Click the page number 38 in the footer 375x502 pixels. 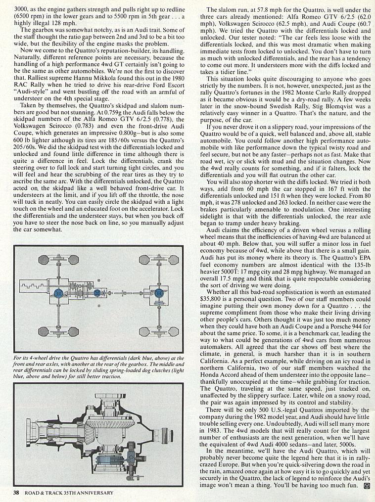16,492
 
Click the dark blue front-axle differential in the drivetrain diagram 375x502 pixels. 59,293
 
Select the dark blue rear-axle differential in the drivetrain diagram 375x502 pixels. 159,293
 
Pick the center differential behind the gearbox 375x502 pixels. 97,293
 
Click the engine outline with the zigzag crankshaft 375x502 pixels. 35,286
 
